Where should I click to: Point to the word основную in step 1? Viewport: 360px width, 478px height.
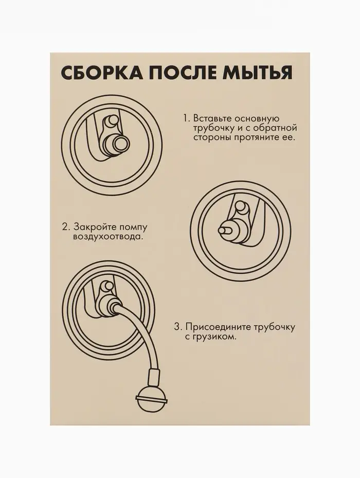[x=258, y=118]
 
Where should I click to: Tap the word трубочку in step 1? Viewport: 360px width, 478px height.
[x=213, y=128]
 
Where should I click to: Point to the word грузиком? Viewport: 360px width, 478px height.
[x=214, y=337]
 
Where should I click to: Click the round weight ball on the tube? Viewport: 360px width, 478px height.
[x=152, y=399]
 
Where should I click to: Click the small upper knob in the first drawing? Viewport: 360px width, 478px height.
[x=111, y=121]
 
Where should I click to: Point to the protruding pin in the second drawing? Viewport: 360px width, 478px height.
[x=225, y=231]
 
